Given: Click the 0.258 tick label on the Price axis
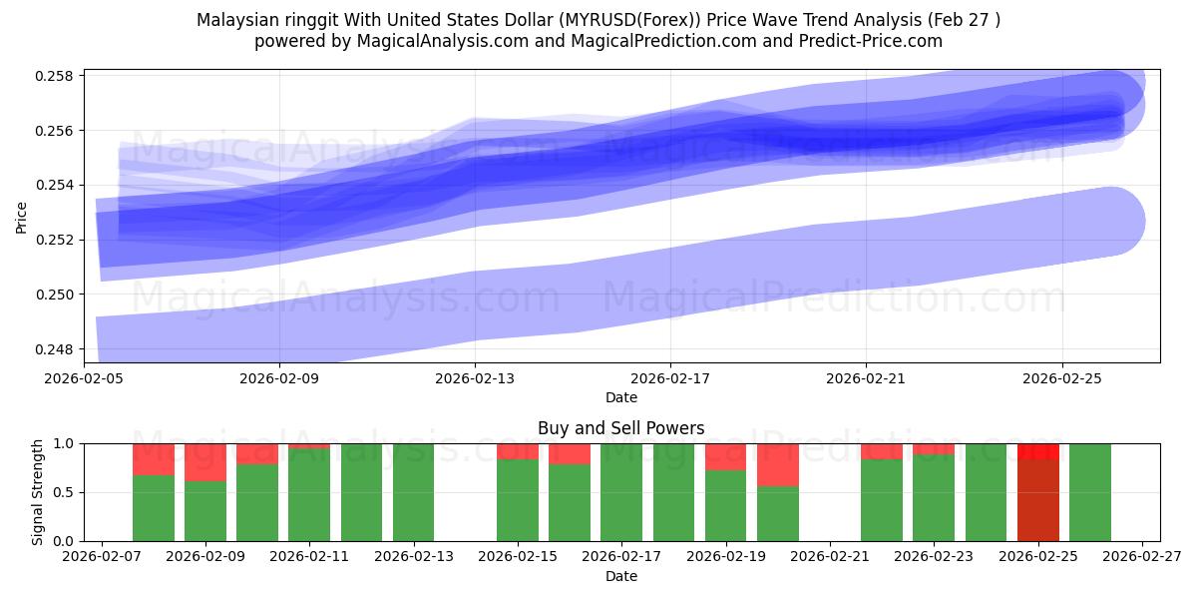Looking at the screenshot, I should click(58, 77).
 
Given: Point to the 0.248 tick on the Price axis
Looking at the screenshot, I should click(58, 349).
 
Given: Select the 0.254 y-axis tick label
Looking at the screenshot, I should click(58, 186).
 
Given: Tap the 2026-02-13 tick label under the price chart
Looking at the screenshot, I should click(475, 379).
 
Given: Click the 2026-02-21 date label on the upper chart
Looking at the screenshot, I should click(865, 379).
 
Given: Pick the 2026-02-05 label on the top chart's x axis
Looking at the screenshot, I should click(84, 379).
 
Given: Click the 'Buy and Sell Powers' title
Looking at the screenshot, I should click(620, 428).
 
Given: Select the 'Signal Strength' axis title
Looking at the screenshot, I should click(37, 491).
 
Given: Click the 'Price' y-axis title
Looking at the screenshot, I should click(22, 216).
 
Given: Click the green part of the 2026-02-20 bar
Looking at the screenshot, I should click(778, 513).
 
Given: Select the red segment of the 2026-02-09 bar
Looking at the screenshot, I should click(205, 462).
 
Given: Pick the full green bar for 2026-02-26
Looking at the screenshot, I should click(1090, 492).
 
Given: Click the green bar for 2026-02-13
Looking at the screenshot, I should click(413, 492).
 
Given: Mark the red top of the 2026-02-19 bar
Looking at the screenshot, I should click(726, 456).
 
